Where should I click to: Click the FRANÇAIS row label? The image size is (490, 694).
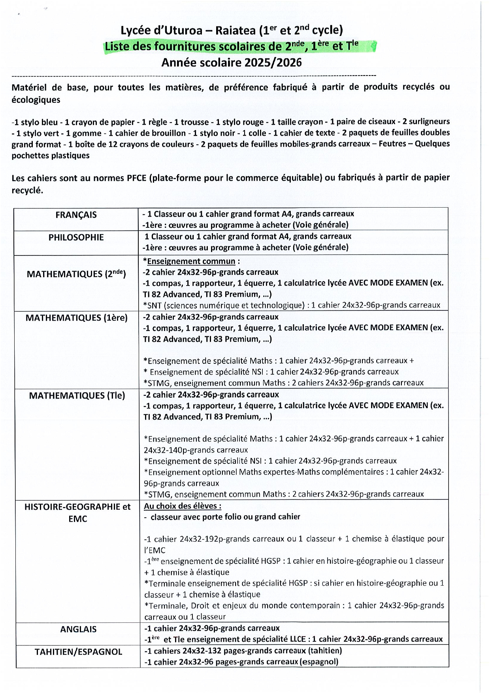click(x=76, y=215)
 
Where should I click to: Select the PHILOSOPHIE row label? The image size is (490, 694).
click(x=76, y=238)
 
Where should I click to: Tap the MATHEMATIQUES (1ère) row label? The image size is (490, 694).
click(x=76, y=318)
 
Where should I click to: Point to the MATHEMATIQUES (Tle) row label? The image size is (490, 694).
click(x=77, y=396)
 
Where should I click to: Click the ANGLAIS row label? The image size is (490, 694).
click(x=78, y=630)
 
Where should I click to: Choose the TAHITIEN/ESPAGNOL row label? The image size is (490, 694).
click(x=78, y=652)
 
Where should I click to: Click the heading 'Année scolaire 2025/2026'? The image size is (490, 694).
click(x=231, y=62)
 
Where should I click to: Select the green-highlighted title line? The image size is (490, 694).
click(x=231, y=47)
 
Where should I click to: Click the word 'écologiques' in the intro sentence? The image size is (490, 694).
click(x=36, y=100)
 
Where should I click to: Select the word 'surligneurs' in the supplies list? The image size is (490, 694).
click(x=429, y=122)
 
